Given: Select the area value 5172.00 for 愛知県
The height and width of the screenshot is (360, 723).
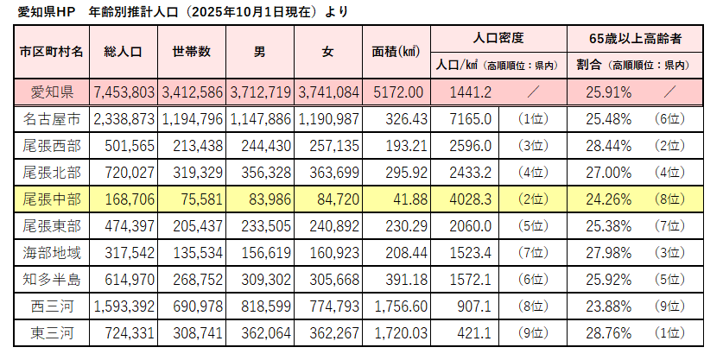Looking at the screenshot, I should click(399, 92).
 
